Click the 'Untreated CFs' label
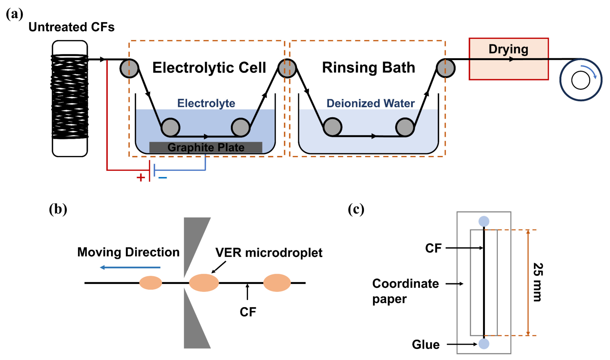pyautogui.click(x=71, y=27)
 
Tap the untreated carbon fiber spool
pyautogui.click(x=70, y=99)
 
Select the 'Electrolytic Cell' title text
pyautogui.click(x=209, y=68)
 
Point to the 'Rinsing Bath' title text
pyautogui.click(x=369, y=67)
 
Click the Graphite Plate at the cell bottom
pyautogui.click(x=206, y=147)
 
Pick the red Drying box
pyautogui.click(x=509, y=59)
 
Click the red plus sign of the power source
pyautogui.click(x=140, y=178)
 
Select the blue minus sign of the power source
pyautogui.click(x=162, y=178)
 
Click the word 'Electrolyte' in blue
pyautogui.click(x=206, y=103)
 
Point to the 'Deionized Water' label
pyautogui.click(x=370, y=103)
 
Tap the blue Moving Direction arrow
pyautogui.click(x=130, y=268)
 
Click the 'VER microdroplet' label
pyautogui.click(x=269, y=253)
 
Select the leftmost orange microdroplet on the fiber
pyautogui.click(x=151, y=283)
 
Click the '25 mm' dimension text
pyautogui.click(x=538, y=282)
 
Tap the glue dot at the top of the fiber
pyautogui.click(x=484, y=221)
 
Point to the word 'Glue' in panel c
pyautogui.click(x=426, y=344)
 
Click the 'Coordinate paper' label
pyautogui.click(x=405, y=291)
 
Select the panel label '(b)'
pyautogui.click(x=58, y=209)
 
